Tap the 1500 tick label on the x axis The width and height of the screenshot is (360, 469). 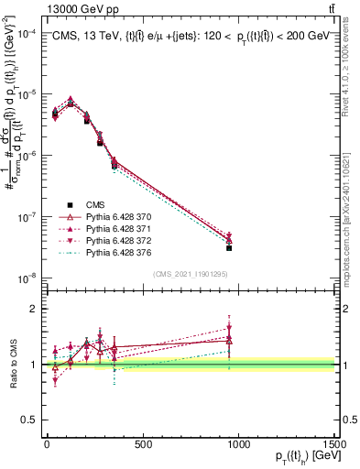[x=334, y=444]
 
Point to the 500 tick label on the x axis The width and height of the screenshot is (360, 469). [x=143, y=444]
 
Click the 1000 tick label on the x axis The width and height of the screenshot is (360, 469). [x=238, y=444]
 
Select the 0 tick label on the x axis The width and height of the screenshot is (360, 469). [x=47, y=444]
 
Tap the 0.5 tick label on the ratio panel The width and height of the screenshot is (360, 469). [x=27, y=419]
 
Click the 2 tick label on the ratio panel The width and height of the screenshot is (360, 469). [x=32, y=309]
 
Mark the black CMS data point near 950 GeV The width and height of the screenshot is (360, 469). [x=229, y=247]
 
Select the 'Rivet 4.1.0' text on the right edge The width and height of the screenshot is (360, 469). [x=351, y=69]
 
